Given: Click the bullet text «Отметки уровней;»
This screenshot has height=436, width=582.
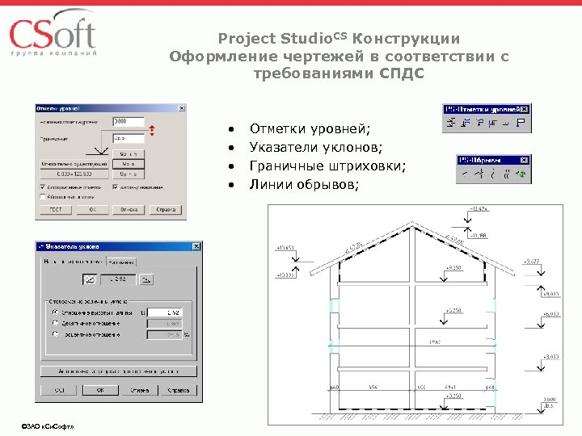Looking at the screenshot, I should coord(310,129).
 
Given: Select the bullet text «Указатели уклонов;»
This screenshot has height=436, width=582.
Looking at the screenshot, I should coord(316,148).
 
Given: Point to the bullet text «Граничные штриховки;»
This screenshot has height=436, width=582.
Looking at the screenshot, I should coord(327,166).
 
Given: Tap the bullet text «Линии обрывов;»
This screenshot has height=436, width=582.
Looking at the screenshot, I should coord(303,185).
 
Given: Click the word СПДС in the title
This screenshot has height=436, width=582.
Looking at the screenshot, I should coord(402,73).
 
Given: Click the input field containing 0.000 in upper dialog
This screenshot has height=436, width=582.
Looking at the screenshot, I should coord(127,122).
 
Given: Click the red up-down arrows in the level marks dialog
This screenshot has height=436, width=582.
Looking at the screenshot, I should coord(151,130).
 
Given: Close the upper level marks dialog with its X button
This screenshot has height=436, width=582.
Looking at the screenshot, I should coord(181,108).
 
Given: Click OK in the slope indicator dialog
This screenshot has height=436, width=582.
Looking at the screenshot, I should coord(99,390).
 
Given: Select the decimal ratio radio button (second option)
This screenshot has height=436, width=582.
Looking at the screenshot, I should coord(55,321).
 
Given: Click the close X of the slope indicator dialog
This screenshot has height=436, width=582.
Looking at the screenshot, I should coord(191,246).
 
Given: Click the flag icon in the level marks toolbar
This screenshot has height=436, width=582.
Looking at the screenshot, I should coord(520,124).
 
